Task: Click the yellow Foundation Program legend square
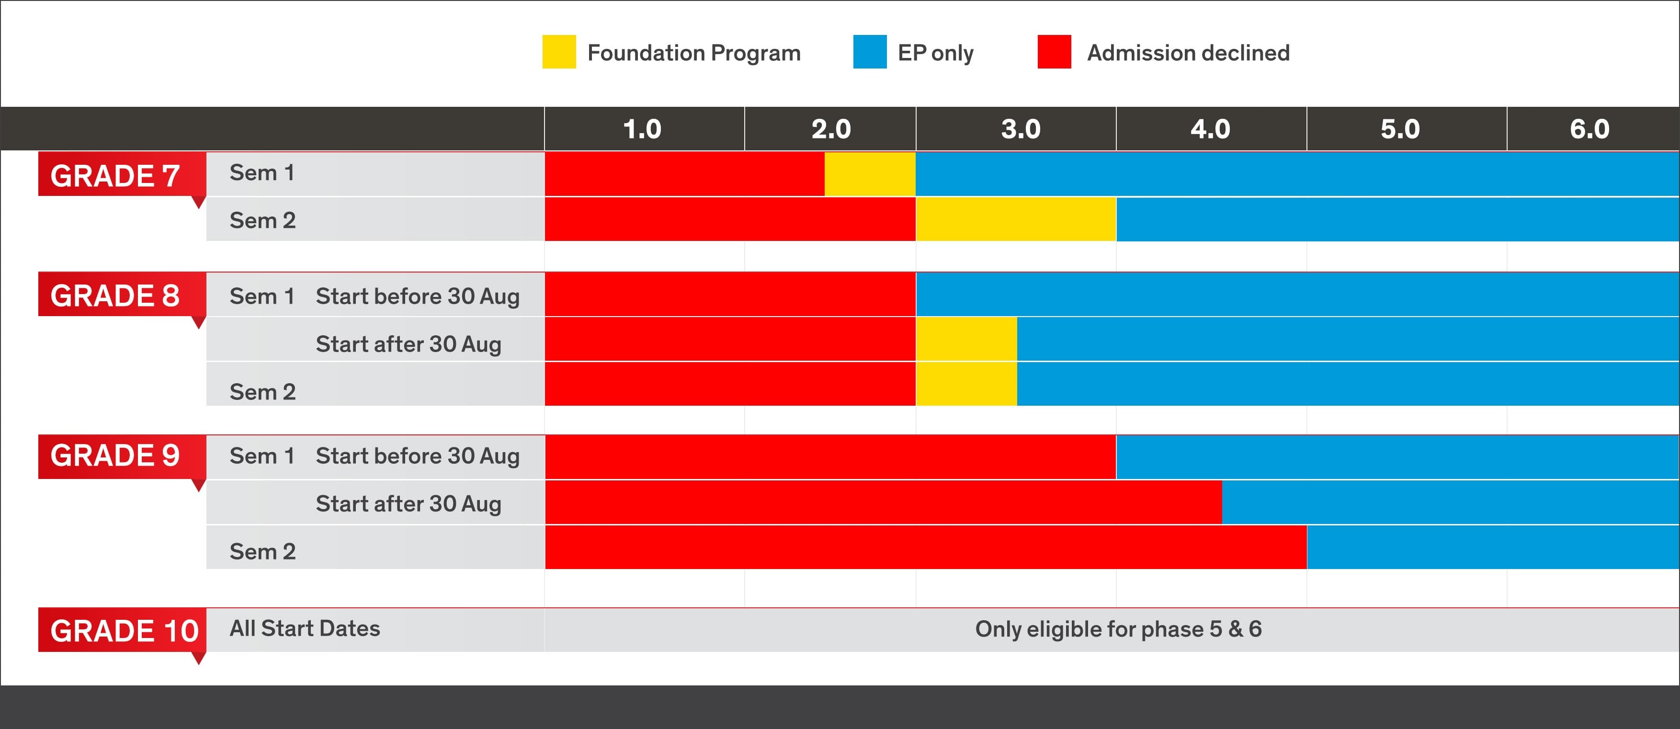[x=559, y=52]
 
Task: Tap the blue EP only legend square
[x=869, y=52]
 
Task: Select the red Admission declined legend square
[x=1054, y=52]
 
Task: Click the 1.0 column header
[x=642, y=129]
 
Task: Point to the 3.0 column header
[x=1021, y=129]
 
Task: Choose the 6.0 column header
[x=1589, y=129]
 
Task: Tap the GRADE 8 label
[x=115, y=296]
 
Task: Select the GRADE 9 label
[x=115, y=455]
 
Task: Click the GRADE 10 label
[x=124, y=630]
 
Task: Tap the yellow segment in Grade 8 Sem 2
[x=966, y=384]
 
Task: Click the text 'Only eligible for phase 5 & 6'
[x=1118, y=629]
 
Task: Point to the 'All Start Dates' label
[x=305, y=628]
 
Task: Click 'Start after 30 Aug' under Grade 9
[x=408, y=503]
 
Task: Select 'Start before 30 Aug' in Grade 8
[x=418, y=296]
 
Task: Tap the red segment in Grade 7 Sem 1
[x=684, y=174]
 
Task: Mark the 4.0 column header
[x=1211, y=129]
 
